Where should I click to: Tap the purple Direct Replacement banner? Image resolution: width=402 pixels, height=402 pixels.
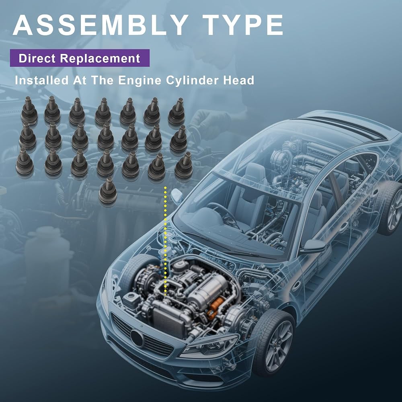click(x=80, y=58)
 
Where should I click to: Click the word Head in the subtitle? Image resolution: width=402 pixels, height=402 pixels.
click(x=238, y=80)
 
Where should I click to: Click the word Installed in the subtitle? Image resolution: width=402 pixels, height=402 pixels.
click(x=42, y=80)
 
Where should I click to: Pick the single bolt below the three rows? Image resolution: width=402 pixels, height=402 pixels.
click(x=108, y=190)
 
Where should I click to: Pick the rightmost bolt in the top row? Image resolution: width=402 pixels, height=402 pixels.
click(x=176, y=111)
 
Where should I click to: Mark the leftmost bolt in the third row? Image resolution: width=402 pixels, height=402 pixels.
click(x=25, y=162)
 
